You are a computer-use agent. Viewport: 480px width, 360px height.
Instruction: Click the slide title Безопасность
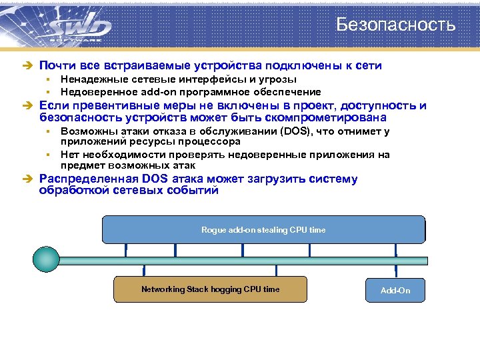click(395, 25)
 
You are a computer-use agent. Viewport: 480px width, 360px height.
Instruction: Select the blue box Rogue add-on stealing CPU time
click(263, 230)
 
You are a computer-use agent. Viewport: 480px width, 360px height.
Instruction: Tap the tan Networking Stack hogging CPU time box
click(210, 289)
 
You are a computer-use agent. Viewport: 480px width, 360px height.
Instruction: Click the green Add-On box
click(395, 291)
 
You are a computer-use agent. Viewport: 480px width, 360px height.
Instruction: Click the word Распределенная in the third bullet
click(89, 179)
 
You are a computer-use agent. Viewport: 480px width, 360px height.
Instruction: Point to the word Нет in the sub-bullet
click(69, 155)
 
